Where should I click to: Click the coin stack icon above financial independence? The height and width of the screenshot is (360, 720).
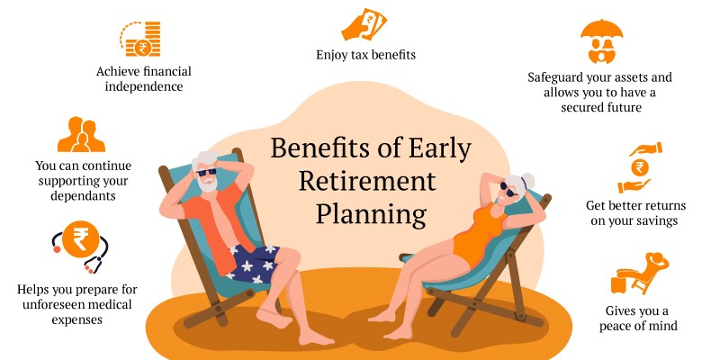click(140, 39)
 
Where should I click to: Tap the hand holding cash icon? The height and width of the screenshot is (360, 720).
click(364, 24)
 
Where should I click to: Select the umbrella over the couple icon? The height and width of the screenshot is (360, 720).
click(601, 41)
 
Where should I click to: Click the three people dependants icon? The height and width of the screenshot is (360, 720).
click(81, 134)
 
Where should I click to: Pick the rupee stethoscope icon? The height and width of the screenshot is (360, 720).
click(80, 246)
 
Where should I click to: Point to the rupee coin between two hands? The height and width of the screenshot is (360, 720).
click(640, 167)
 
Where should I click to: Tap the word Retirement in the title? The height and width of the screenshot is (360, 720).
click(367, 181)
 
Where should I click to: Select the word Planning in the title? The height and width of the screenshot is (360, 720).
click(371, 214)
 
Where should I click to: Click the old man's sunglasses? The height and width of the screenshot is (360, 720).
click(206, 173)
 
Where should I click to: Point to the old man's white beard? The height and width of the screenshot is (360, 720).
click(208, 184)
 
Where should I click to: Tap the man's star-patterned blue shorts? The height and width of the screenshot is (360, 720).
click(253, 263)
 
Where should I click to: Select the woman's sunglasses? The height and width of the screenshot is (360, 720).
click(508, 189)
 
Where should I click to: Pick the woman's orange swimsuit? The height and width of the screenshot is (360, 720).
click(479, 234)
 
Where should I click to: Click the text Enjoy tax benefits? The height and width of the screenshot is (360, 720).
click(365, 55)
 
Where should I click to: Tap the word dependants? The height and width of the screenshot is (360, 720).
click(83, 195)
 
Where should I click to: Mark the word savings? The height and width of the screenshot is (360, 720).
click(657, 221)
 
